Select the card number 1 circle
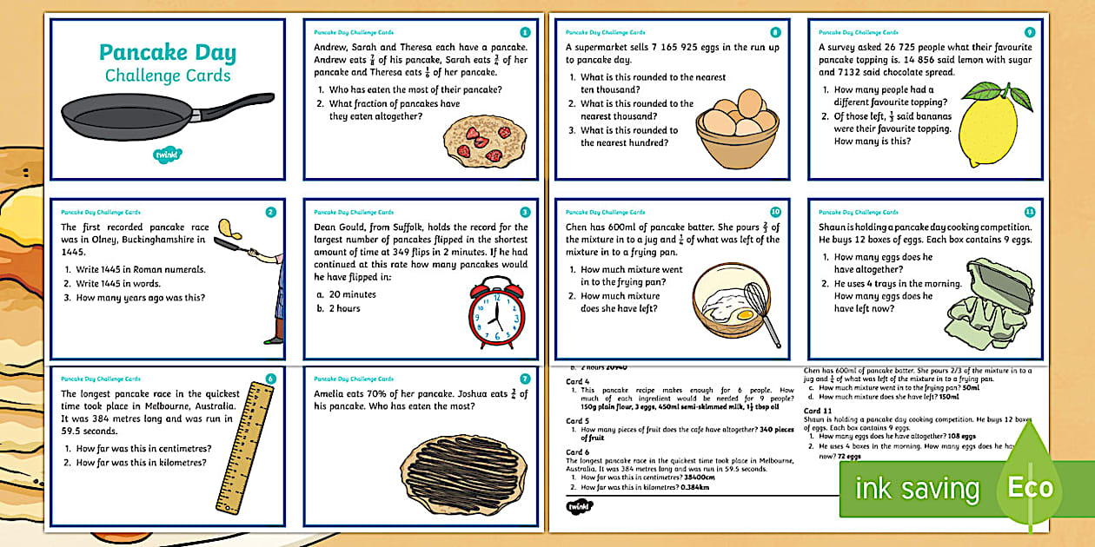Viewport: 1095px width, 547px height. point(524,32)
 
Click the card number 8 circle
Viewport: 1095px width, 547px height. point(776,32)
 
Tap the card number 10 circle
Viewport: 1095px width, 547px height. point(775,212)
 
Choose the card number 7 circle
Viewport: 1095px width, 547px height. point(524,379)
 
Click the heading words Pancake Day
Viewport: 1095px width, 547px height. point(168,52)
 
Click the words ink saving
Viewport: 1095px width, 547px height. point(916,489)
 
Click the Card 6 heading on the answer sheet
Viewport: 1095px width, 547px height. point(578,451)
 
